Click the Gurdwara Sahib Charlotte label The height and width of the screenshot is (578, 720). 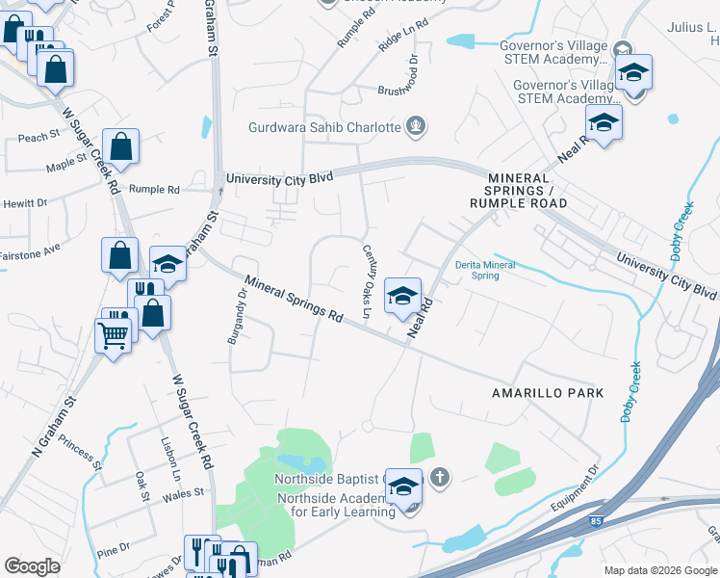[324, 127]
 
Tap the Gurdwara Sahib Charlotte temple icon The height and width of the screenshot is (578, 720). [416, 125]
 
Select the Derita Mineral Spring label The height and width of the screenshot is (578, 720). [485, 270]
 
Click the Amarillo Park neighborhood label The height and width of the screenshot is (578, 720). [548, 393]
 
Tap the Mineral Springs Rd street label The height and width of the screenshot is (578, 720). [294, 300]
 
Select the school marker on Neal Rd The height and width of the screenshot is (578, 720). [402, 296]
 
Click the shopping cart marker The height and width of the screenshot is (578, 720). [113, 336]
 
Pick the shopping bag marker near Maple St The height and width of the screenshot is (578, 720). [121, 147]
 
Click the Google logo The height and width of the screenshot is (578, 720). [32, 566]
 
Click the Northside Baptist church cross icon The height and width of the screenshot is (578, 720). [439, 477]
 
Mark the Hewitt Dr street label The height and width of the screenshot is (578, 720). [24, 203]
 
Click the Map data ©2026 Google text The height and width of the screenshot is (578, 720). [659, 570]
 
